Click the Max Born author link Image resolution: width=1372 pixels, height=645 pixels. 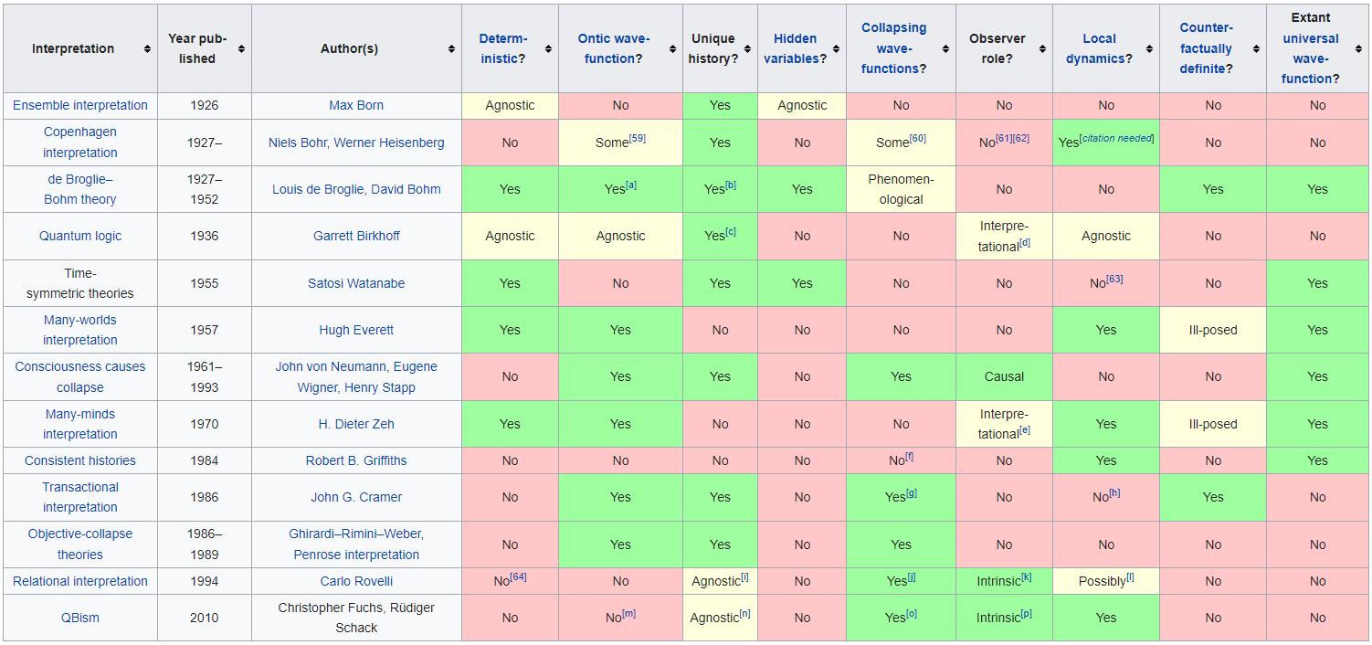(x=356, y=105)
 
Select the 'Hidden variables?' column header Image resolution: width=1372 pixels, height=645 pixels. (x=795, y=48)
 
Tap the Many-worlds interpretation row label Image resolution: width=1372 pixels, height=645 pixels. (x=80, y=330)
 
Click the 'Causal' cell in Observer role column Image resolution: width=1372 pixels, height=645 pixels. (x=1004, y=376)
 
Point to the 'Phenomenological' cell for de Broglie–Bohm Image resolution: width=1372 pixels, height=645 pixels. (x=901, y=189)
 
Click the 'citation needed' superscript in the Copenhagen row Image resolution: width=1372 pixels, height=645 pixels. (x=1117, y=139)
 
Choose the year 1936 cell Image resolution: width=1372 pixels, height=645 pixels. (x=204, y=236)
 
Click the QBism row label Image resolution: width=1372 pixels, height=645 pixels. (x=80, y=618)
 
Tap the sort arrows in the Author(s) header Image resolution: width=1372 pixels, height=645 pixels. (x=451, y=48)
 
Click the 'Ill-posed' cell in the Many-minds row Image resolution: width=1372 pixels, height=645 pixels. (x=1212, y=424)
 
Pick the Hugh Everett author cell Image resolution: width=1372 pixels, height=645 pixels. (x=356, y=330)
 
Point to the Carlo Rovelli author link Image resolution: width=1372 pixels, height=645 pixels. (x=356, y=581)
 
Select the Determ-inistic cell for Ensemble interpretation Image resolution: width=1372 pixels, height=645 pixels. (x=510, y=105)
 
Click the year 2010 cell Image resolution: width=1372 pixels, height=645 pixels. (x=204, y=618)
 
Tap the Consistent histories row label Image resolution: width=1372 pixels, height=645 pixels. (x=80, y=460)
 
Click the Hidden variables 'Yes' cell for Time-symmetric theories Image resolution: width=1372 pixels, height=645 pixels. (x=802, y=283)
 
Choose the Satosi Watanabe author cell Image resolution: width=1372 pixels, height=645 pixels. (x=356, y=283)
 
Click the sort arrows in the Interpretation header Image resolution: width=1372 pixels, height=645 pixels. (x=147, y=48)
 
